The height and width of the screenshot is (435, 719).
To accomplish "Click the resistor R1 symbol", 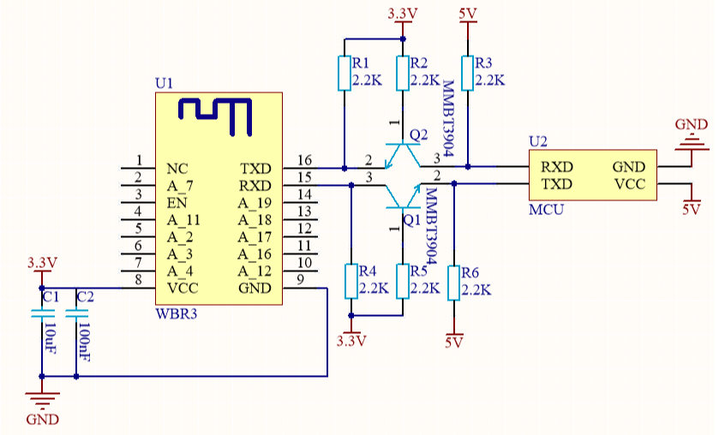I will click(344, 74).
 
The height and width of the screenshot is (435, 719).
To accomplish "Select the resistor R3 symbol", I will click(468, 73).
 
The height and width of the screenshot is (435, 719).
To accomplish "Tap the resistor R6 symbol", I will click(453, 282).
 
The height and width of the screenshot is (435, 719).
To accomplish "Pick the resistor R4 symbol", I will click(351, 281).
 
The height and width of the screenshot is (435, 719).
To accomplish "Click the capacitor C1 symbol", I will click(41, 315).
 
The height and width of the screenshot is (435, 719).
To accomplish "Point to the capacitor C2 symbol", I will click(76, 315).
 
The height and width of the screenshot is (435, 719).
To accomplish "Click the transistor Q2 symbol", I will click(402, 155).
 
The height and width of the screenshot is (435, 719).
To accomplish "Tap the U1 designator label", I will click(164, 83).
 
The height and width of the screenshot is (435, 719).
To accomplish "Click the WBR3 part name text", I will click(176, 314).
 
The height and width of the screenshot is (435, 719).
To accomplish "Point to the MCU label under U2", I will click(546, 209).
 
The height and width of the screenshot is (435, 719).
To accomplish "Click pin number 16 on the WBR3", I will click(303, 160).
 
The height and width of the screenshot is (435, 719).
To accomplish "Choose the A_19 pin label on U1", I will click(255, 203).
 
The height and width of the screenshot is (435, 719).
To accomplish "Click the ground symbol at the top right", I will click(691, 142).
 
